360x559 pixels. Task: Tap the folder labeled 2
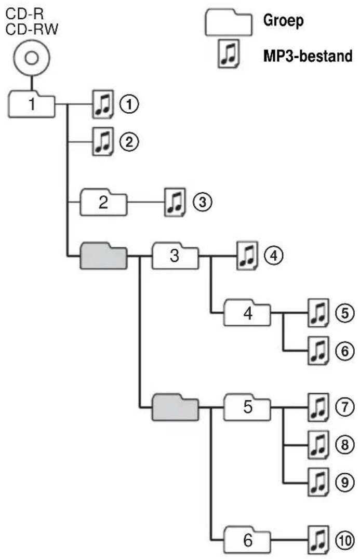click(x=103, y=202)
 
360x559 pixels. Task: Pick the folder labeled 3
click(x=175, y=256)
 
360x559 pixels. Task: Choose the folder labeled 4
click(x=247, y=314)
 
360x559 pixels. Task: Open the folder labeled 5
click(x=247, y=407)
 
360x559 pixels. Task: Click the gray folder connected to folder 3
click(x=103, y=256)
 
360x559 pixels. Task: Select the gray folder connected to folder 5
click(x=175, y=407)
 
